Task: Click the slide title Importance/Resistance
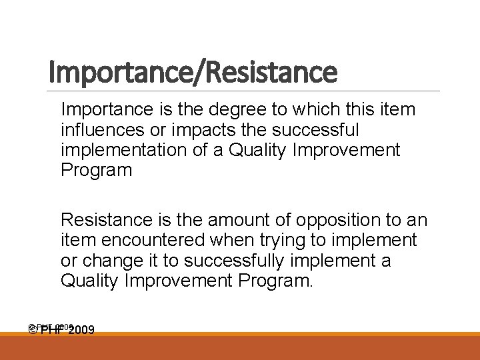point(193,72)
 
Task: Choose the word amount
point(237,219)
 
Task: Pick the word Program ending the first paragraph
point(97,170)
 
